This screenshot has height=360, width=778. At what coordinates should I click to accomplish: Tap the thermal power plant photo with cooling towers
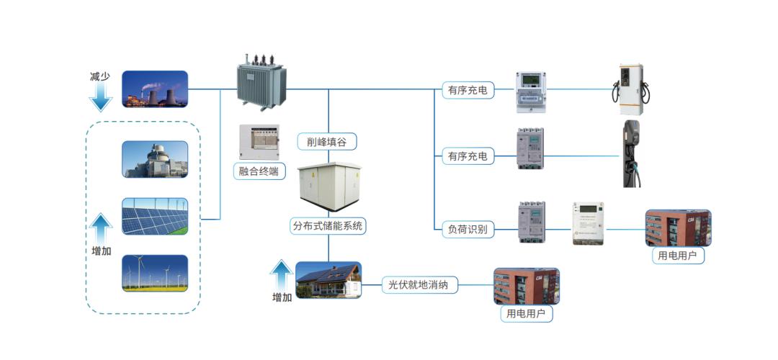155,89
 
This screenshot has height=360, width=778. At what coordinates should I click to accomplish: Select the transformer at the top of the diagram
261,81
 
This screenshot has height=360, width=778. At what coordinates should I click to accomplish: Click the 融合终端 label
259,171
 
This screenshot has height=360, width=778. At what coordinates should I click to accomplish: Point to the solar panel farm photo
155,216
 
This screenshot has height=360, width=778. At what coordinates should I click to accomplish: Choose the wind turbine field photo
155,273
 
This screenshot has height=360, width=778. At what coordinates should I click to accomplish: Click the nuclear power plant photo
155,159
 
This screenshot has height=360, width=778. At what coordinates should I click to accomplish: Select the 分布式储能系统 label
328,226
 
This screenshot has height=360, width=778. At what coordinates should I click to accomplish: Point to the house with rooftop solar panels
328,280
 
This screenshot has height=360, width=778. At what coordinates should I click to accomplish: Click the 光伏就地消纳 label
419,285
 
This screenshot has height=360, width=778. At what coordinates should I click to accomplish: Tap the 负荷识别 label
468,230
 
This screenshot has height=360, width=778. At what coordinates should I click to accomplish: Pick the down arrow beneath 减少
101,98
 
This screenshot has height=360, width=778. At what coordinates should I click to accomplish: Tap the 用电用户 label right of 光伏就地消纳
526,314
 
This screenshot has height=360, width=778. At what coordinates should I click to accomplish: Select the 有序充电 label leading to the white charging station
468,90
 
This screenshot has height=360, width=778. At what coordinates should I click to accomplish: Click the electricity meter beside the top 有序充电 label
529,92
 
